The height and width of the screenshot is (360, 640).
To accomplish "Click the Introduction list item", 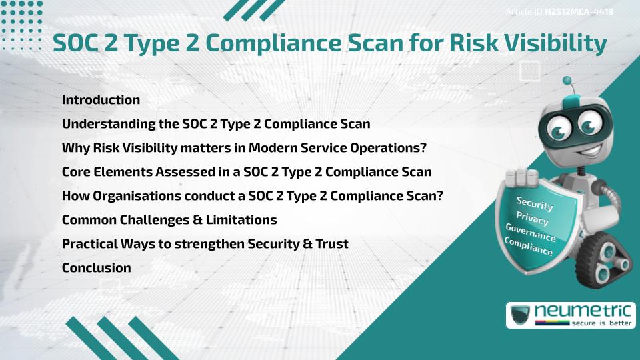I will pos(101,100).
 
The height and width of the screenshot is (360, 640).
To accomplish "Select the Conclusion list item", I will pos(96,268).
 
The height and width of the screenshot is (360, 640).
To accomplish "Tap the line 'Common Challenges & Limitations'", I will pos(169,220).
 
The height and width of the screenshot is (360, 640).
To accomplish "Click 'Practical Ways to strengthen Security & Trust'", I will pos(205,244).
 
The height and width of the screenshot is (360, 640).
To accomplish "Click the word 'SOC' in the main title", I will pos(75,43).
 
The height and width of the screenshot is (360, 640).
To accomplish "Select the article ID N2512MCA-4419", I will pos(579,11).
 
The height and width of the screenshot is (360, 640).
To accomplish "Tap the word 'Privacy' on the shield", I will pos(532,219).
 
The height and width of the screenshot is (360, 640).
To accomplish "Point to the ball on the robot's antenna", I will pos(567,81).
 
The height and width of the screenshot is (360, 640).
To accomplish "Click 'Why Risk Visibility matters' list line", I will pos(244,148).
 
